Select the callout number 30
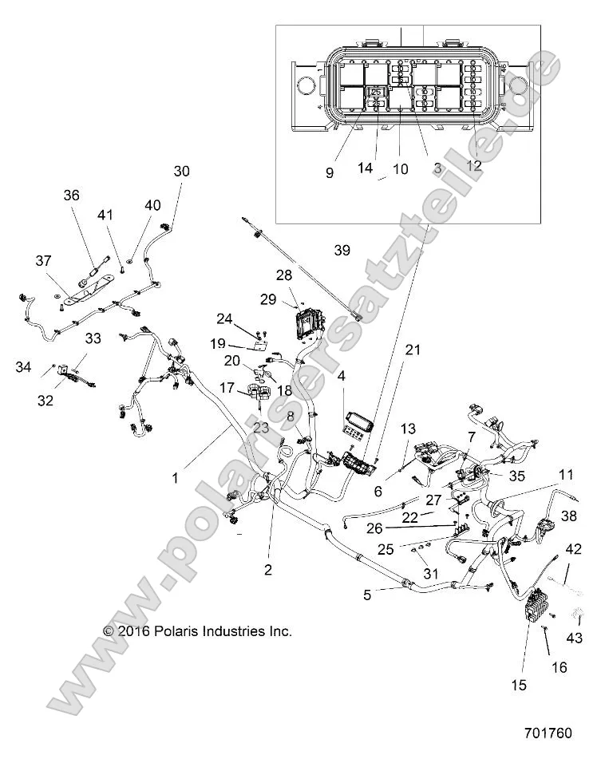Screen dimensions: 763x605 coord(182,171)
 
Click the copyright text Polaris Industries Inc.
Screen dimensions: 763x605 coord(198,631)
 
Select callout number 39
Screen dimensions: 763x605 coord(342,251)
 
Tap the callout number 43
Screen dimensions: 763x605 coord(575,638)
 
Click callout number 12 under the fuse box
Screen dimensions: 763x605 coord(474,166)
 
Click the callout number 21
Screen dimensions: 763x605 coord(411,350)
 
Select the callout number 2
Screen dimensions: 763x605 coord(268,570)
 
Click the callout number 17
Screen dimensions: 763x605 coord(227,388)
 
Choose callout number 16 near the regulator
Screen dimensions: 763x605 coord(560,667)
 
